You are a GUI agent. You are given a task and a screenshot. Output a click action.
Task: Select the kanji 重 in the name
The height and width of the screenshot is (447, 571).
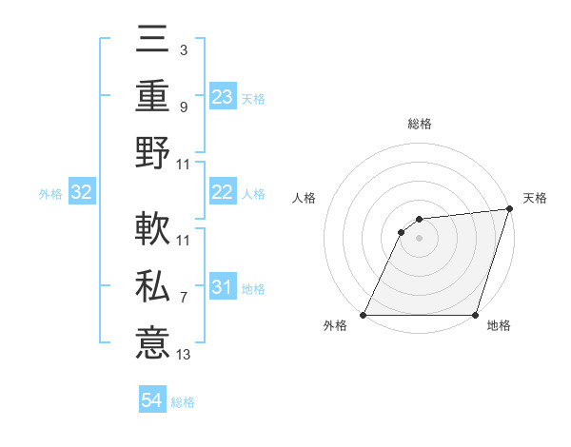(152, 96)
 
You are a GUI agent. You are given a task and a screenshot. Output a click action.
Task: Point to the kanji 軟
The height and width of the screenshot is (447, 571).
(152, 230)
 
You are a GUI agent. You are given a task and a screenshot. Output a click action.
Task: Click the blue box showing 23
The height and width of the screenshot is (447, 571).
(223, 97)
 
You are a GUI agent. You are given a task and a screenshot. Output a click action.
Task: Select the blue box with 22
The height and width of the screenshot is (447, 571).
(223, 192)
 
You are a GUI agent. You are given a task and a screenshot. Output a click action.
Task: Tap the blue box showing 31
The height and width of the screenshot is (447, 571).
(223, 287)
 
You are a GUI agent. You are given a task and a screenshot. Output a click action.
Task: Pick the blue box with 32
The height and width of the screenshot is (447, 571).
(82, 192)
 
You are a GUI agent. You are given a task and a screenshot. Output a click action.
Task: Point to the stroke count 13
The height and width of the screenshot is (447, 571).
(184, 355)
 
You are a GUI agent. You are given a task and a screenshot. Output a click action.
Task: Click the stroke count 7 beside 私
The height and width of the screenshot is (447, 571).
(184, 298)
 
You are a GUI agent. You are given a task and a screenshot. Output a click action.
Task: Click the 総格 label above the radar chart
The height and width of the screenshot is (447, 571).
(419, 124)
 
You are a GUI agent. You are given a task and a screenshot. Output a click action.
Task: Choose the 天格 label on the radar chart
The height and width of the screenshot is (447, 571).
(535, 198)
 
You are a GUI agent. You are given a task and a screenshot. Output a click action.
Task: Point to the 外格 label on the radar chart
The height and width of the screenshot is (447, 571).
(335, 325)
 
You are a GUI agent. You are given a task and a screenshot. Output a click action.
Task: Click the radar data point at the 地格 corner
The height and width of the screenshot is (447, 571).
(474, 315)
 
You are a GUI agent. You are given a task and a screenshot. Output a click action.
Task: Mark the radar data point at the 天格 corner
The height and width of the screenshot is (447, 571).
(509, 209)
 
